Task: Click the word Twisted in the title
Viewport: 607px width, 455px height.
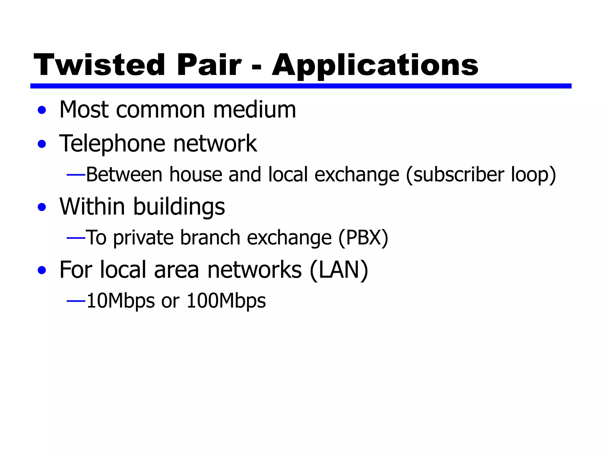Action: [x=99, y=65]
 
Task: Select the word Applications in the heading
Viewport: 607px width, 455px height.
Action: [x=375, y=66]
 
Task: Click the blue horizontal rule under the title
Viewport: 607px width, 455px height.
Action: [x=301, y=86]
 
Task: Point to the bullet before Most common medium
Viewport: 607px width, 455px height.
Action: [x=42, y=110]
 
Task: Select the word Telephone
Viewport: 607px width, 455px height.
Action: [x=112, y=144]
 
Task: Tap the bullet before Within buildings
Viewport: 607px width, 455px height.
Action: [x=42, y=207]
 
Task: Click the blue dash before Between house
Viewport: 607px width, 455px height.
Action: [x=76, y=175]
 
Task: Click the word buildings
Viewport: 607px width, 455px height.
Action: [x=179, y=207]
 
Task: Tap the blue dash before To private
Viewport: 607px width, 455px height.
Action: [x=76, y=238]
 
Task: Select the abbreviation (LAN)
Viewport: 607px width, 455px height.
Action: [x=338, y=270]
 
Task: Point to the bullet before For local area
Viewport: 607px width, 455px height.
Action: [x=42, y=270]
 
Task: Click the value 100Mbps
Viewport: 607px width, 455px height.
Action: [x=226, y=301]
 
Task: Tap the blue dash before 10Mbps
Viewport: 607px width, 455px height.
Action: [x=76, y=301]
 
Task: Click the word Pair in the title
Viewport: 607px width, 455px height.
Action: [x=209, y=65]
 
